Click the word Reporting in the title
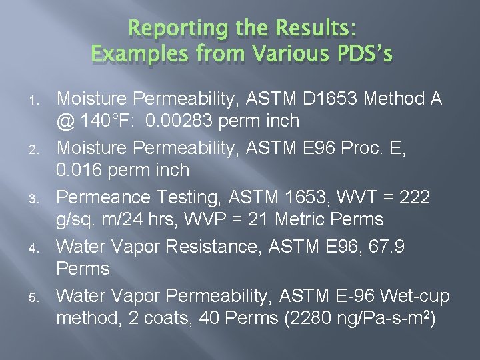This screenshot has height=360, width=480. point(165,29)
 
